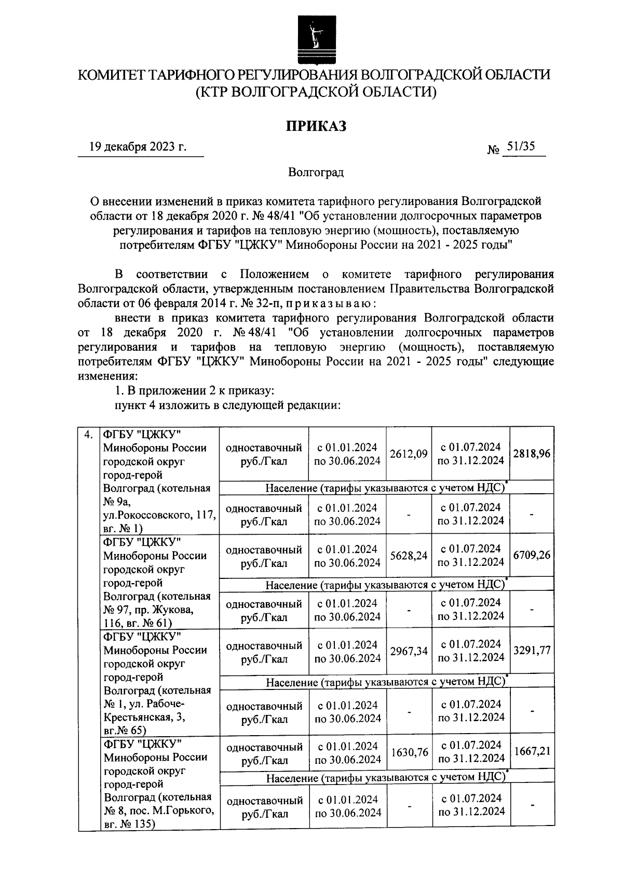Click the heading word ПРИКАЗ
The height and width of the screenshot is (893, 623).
(316, 126)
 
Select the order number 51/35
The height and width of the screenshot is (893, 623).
(521, 147)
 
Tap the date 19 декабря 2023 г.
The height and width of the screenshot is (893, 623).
(138, 147)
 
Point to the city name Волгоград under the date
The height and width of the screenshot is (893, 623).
(316, 172)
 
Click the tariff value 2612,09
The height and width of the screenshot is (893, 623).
(409, 454)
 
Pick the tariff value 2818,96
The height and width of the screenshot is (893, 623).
(532, 454)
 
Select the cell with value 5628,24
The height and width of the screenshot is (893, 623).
(409, 556)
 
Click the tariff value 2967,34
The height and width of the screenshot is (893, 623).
(409, 651)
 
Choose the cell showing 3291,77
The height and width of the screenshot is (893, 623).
(532, 650)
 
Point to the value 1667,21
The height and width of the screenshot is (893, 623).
(532, 751)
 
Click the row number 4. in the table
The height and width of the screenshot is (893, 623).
(89, 434)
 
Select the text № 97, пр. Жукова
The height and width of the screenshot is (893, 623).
(148, 610)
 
